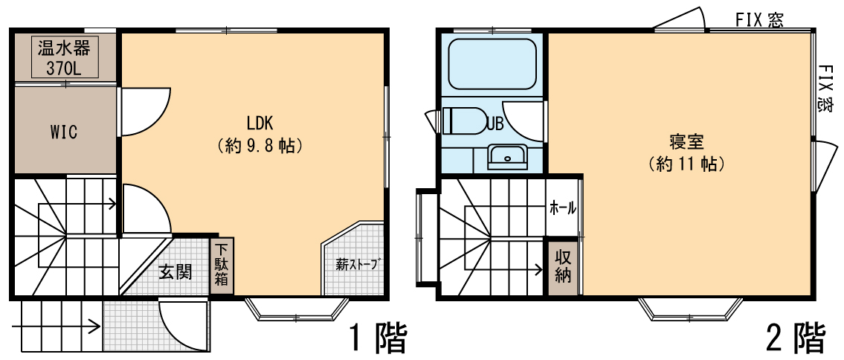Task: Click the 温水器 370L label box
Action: click(x=64, y=57)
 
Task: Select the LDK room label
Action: click(x=260, y=123)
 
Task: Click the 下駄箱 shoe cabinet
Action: click(x=222, y=266)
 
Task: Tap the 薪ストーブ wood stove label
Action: click(x=355, y=264)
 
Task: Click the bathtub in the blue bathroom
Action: click(x=492, y=64)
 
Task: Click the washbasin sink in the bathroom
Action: click(x=507, y=156)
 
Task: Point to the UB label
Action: click(x=495, y=123)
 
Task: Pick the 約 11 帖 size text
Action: click(x=686, y=164)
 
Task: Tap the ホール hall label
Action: click(x=562, y=208)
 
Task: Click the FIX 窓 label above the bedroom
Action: click(x=759, y=20)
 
